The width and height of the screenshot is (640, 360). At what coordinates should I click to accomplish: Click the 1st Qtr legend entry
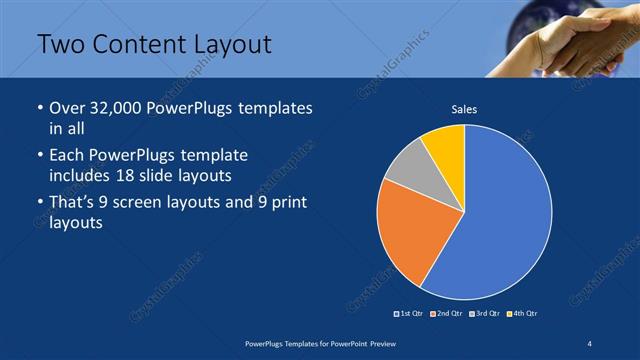pos(410,314)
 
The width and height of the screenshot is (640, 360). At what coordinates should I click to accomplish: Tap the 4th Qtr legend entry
pos(522,314)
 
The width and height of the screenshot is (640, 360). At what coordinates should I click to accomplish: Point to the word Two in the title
pos(62,45)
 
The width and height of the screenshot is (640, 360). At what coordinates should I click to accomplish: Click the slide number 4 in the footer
pos(590,343)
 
